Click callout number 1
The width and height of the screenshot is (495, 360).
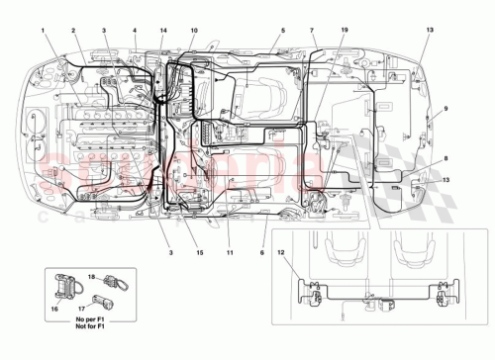[x=44, y=32]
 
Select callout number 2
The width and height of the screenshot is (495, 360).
[x=73, y=32]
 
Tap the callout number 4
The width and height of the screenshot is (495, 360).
[x=135, y=32]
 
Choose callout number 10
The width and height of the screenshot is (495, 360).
[x=194, y=32]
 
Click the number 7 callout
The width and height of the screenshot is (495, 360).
[x=312, y=32]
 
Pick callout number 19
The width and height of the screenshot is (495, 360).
[x=344, y=32]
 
